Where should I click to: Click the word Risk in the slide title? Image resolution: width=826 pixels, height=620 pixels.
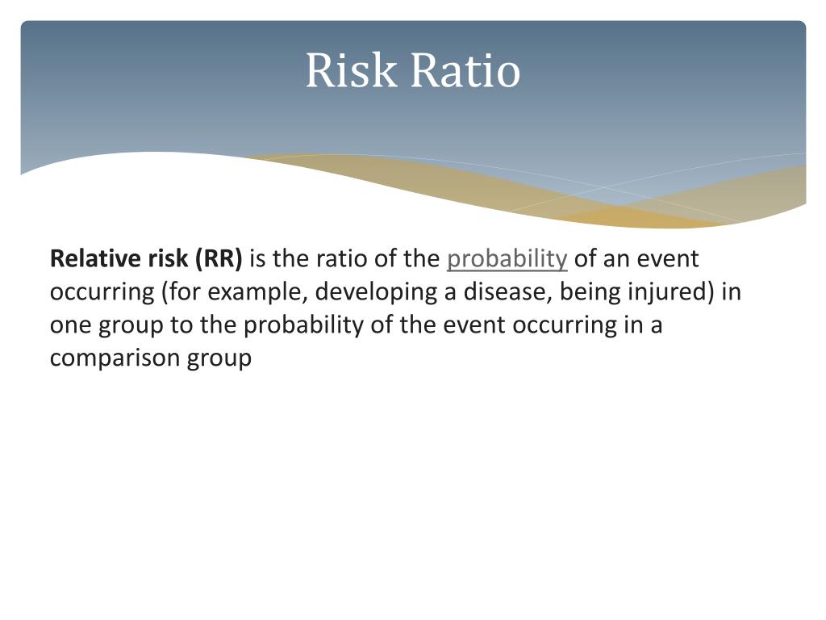click(x=351, y=70)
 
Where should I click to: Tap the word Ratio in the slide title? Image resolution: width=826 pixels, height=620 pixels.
click(x=465, y=70)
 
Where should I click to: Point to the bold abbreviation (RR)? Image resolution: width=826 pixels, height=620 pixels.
click(x=219, y=259)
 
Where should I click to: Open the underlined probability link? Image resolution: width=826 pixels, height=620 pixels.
click(x=507, y=259)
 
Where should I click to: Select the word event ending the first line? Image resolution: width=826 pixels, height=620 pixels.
click(x=667, y=259)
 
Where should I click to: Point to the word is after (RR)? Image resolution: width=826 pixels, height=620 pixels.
click(x=257, y=258)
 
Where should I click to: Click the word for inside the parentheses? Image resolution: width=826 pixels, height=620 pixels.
click(x=184, y=291)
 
